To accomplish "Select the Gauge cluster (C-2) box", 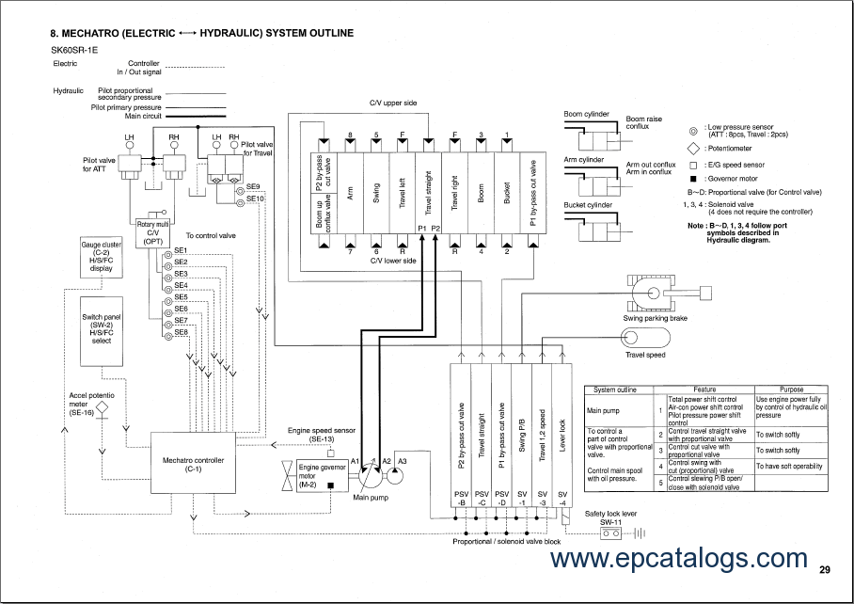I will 101,256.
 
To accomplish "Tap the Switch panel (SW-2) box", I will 101,328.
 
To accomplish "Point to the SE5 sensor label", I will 181,296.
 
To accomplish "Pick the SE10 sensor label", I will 254,199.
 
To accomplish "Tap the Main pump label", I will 371,498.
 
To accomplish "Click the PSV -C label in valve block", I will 482,498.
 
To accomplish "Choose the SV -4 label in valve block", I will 562,498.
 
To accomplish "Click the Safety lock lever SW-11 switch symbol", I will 611,533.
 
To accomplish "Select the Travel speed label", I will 645,355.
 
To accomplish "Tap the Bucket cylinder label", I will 588,205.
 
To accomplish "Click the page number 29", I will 824,569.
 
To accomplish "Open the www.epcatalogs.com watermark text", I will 678,559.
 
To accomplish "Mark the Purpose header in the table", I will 791,389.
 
